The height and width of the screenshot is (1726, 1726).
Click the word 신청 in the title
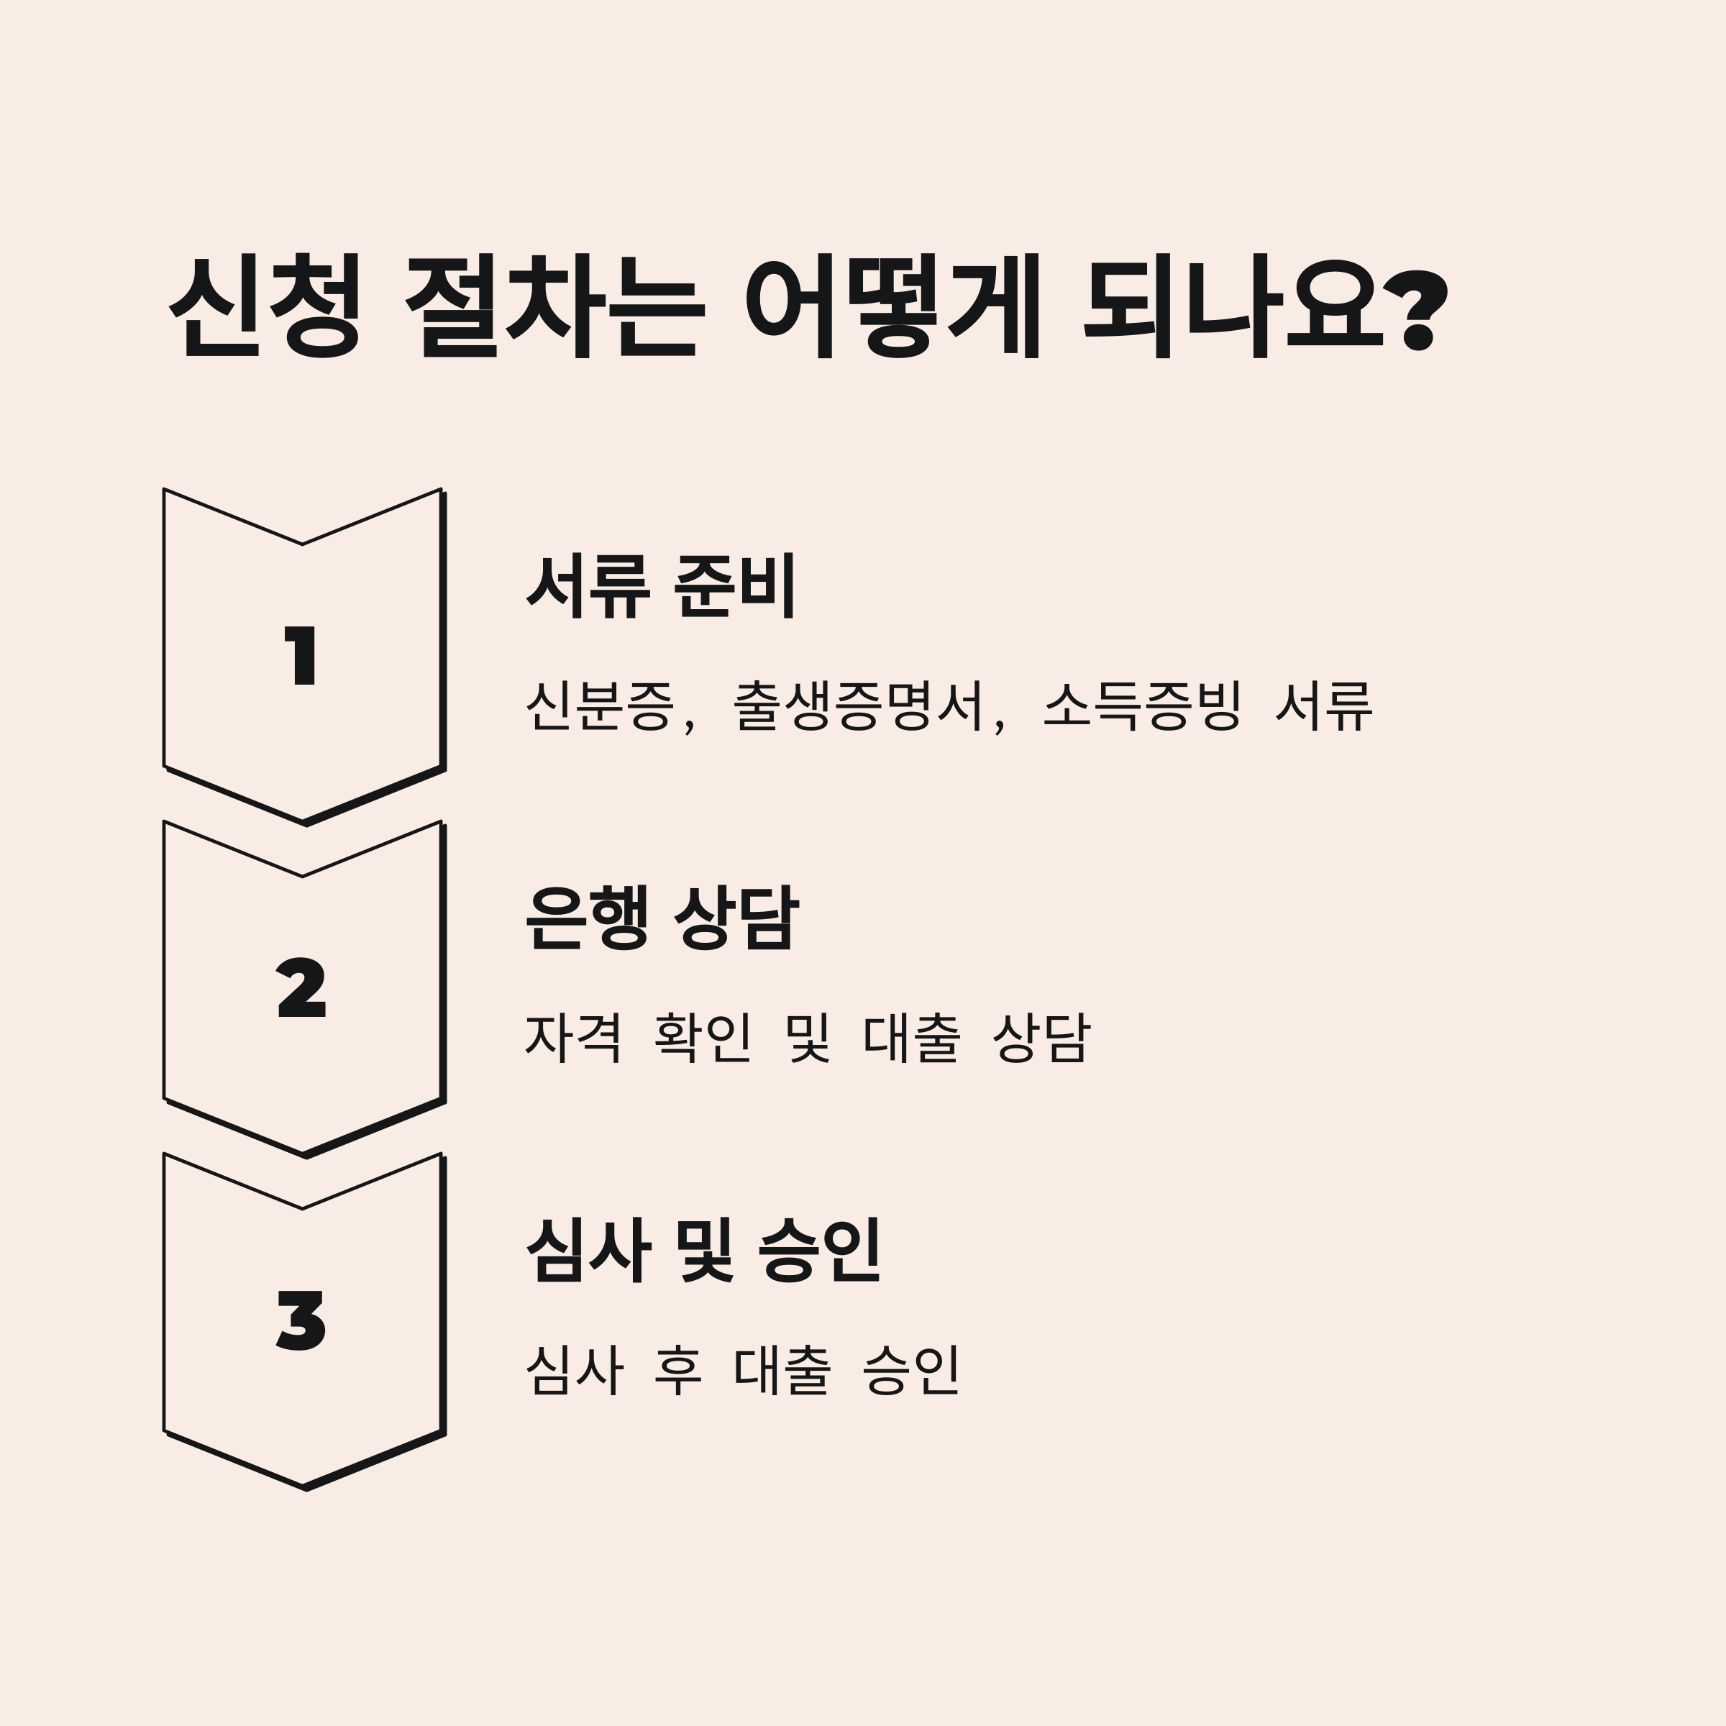(x=265, y=306)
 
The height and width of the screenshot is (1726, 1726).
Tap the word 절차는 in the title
(x=554, y=306)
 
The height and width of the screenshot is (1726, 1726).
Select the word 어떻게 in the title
(x=893, y=306)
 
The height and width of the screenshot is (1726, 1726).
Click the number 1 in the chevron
(x=302, y=656)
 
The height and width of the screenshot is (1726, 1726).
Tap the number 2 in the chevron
(x=302, y=988)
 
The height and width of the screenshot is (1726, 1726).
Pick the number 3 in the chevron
(x=302, y=1320)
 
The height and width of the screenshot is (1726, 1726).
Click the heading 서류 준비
(x=660, y=587)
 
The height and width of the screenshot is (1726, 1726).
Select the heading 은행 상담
(x=660, y=918)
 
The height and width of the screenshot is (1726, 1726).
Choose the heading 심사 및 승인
(x=704, y=1251)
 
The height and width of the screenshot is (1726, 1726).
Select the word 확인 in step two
(x=702, y=1037)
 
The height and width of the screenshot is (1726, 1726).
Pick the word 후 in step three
(x=678, y=1369)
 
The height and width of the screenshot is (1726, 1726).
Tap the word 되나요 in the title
(x=1233, y=306)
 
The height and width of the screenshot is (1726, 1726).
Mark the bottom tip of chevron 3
(x=305, y=1487)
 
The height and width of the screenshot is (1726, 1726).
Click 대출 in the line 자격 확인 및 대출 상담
(x=911, y=1037)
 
